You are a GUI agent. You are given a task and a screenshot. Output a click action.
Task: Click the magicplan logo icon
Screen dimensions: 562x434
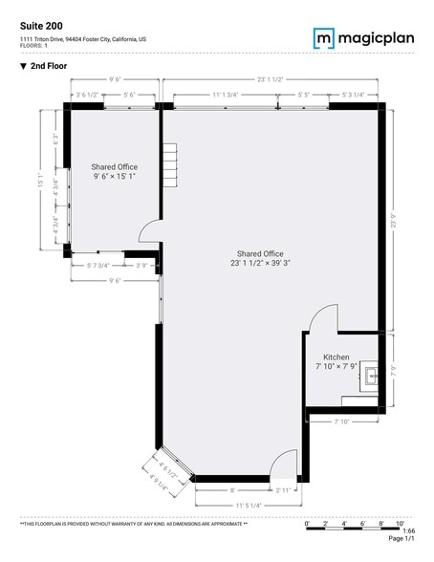[324, 37]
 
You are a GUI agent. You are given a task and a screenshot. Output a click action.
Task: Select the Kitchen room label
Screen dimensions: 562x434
[336, 357]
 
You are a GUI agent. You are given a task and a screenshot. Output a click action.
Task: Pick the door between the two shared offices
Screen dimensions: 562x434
[149, 231]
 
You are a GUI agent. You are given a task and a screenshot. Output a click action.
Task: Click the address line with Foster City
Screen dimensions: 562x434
[83, 38]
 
